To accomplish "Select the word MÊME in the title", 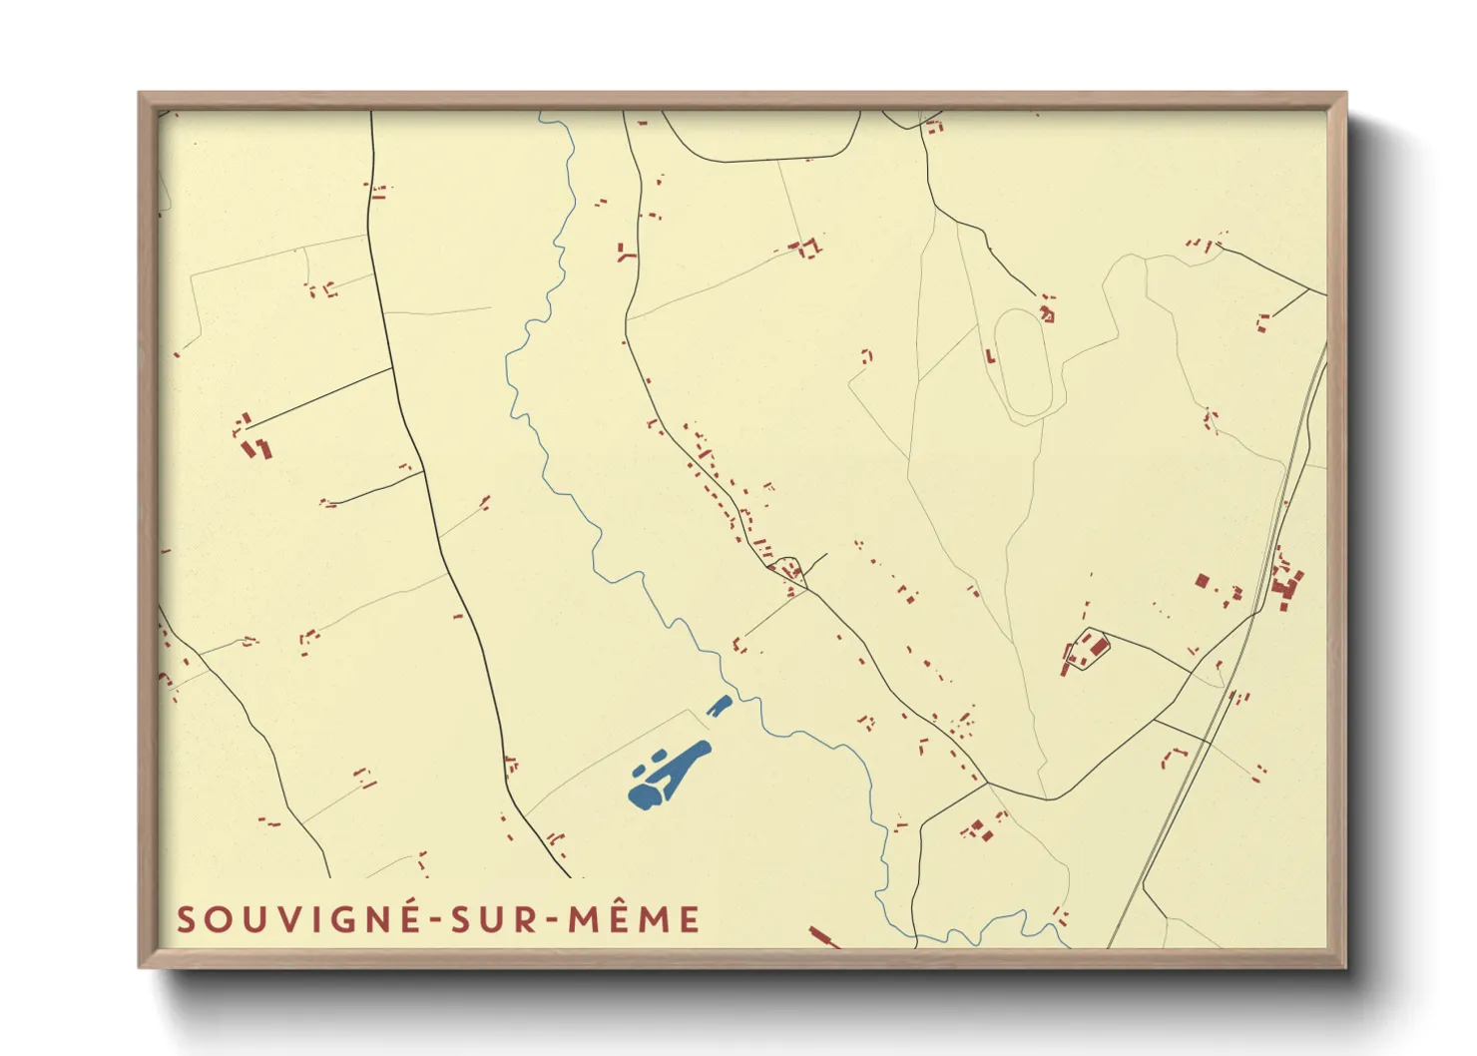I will click(x=635, y=919).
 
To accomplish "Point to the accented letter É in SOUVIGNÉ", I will click(x=410, y=917).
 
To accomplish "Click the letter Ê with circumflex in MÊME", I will click(x=622, y=917).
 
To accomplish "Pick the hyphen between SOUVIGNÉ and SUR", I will click(x=435, y=921).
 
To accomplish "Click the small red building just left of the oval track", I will click(x=990, y=356).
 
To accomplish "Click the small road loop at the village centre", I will click(x=786, y=570).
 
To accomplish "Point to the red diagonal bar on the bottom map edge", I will click(x=823, y=936).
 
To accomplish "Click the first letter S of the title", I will click(x=186, y=919).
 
